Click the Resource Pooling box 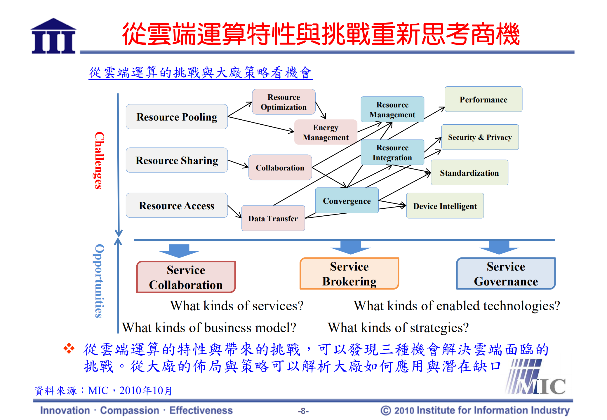(177, 117)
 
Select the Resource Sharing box (177, 160)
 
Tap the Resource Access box (177, 205)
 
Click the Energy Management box (326, 132)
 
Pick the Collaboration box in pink (280, 168)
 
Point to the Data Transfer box (273, 218)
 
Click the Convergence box (347, 201)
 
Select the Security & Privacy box (480, 137)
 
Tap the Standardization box (469, 173)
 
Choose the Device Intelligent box (445, 206)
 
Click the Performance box (483, 100)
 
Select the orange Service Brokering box (349, 274)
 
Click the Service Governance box (506, 274)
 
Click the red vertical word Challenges (99, 160)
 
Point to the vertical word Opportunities (99, 281)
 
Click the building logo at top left (53, 36)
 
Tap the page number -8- (303, 411)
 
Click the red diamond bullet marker (69, 348)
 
